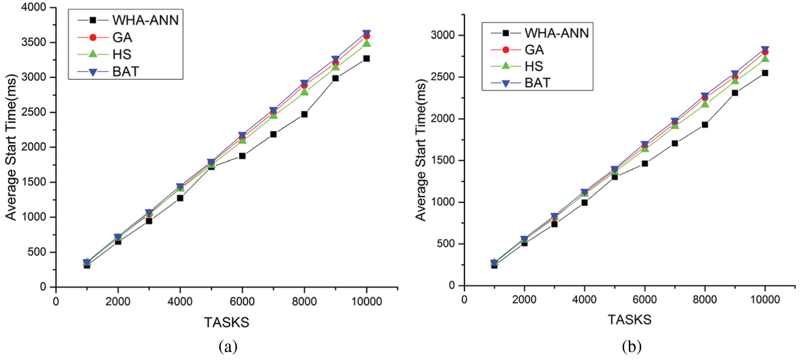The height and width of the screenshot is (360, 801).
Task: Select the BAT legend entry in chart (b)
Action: (537, 83)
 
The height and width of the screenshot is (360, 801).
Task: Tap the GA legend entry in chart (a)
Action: (122, 38)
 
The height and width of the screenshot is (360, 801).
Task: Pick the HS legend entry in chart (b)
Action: (533, 66)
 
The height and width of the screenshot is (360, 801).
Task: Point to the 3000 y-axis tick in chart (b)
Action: (442, 36)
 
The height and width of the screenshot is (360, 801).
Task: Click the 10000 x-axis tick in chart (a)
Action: (366, 301)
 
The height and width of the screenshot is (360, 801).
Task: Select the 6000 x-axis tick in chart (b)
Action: (645, 300)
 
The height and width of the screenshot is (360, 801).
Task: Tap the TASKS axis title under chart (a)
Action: (227, 322)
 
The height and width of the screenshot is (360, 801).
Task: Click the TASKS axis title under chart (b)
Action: (629, 320)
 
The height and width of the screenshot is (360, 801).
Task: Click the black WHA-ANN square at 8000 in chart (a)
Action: (304, 114)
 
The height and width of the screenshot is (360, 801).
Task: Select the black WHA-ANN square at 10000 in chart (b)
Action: (765, 73)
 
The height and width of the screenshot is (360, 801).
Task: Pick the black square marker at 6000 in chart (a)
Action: (242, 156)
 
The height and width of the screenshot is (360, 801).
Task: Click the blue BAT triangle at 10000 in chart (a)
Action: (366, 33)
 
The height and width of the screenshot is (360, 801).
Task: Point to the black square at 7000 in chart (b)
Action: (675, 143)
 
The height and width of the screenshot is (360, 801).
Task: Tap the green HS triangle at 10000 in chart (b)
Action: (765, 59)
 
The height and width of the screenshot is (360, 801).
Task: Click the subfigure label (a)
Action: (228, 346)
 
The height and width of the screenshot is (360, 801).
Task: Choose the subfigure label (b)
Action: (631, 346)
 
